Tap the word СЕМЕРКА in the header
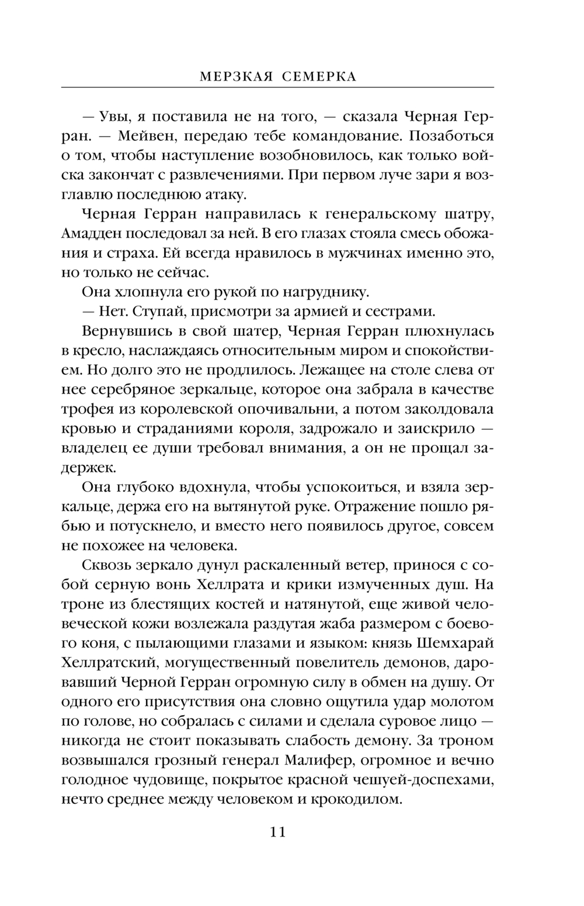click(319, 76)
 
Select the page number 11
click(277, 831)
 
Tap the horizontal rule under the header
click(277, 88)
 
